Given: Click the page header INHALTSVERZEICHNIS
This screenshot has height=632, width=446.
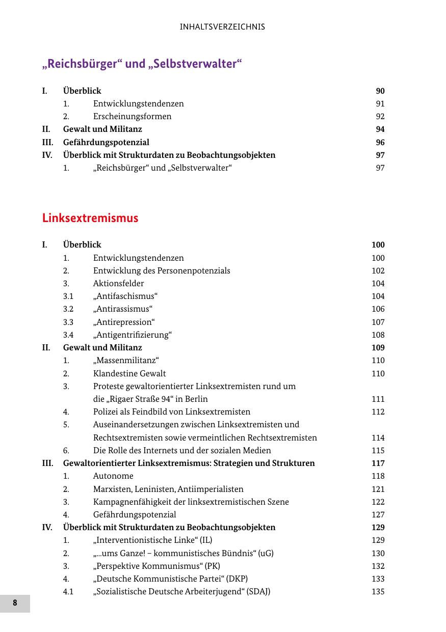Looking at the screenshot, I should [x=222, y=27].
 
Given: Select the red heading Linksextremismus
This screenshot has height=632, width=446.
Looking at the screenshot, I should [x=90, y=218].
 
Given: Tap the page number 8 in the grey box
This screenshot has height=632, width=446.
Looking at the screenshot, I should [x=15, y=603].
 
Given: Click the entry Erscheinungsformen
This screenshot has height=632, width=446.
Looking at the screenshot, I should [x=132, y=116].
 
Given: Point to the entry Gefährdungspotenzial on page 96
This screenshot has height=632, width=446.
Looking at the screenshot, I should [x=106, y=142].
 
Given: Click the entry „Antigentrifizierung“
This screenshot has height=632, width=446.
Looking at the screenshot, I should [x=133, y=335].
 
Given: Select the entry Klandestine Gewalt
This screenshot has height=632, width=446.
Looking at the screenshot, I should [x=129, y=373].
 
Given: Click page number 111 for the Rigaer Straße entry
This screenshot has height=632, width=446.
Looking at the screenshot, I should [x=378, y=399].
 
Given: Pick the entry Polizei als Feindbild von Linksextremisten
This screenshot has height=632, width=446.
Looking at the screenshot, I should [x=172, y=411].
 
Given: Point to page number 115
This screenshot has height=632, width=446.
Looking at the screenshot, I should [x=378, y=450].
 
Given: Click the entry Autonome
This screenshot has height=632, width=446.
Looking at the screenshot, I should [x=113, y=476].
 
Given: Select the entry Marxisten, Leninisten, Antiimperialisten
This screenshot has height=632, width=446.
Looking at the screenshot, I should [x=168, y=489].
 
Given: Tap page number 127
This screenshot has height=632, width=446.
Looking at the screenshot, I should [x=378, y=514].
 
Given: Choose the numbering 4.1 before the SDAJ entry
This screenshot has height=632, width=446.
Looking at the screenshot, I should [x=68, y=591].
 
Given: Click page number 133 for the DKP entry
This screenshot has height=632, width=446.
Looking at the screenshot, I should [x=378, y=579].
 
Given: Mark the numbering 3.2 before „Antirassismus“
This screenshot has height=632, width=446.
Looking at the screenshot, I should [x=68, y=309].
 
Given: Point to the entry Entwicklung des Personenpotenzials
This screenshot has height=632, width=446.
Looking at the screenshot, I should [x=162, y=270].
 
